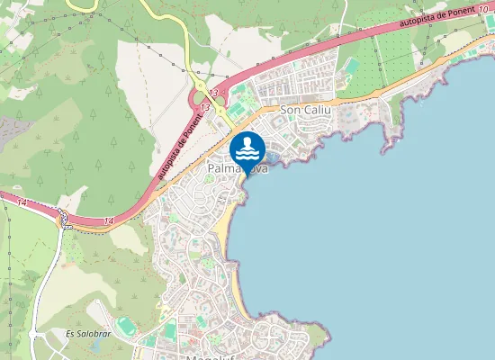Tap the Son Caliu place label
306,110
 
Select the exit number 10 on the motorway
483,8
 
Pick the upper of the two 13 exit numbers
214,93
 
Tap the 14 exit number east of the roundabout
109,220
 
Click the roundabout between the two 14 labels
62,215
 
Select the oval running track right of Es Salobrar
125,323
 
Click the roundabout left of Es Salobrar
35,334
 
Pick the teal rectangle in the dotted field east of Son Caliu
352,66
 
